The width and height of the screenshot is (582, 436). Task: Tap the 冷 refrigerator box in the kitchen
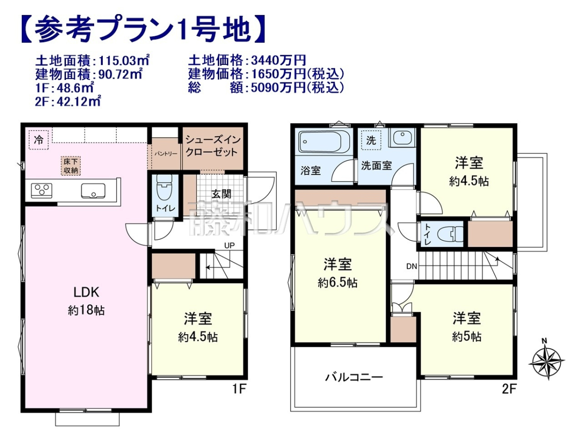[x=39, y=140]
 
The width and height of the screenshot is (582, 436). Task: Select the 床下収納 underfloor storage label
[x=71, y=166]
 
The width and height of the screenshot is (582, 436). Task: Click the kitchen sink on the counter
[x=93, y=191]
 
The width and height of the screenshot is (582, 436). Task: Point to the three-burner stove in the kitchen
[x=42, y=191]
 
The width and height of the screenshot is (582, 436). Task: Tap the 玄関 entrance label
[x=221, y=194]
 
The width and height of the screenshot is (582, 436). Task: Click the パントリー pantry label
[x=166, y=154]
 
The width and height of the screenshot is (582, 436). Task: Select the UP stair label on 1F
[x=229, y=246]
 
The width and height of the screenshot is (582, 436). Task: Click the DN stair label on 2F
[x=411, y=266]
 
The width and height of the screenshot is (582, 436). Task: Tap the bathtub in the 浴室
[x=324, y=142]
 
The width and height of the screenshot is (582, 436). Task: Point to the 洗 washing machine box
[x=371, y=140]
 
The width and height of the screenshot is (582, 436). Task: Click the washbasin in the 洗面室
[x=402, y=138]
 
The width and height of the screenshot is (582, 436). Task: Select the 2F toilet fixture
[x=450, y=234]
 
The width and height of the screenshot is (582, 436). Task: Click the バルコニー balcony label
[x=354, y=377]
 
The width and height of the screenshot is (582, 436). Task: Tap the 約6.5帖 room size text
[x=338, y=283]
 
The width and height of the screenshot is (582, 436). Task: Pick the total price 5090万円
[x=278, y=88]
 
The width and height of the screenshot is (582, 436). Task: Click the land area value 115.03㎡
[x=124, y=61]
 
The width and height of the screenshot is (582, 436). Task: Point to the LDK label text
[x=86, y=293]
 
